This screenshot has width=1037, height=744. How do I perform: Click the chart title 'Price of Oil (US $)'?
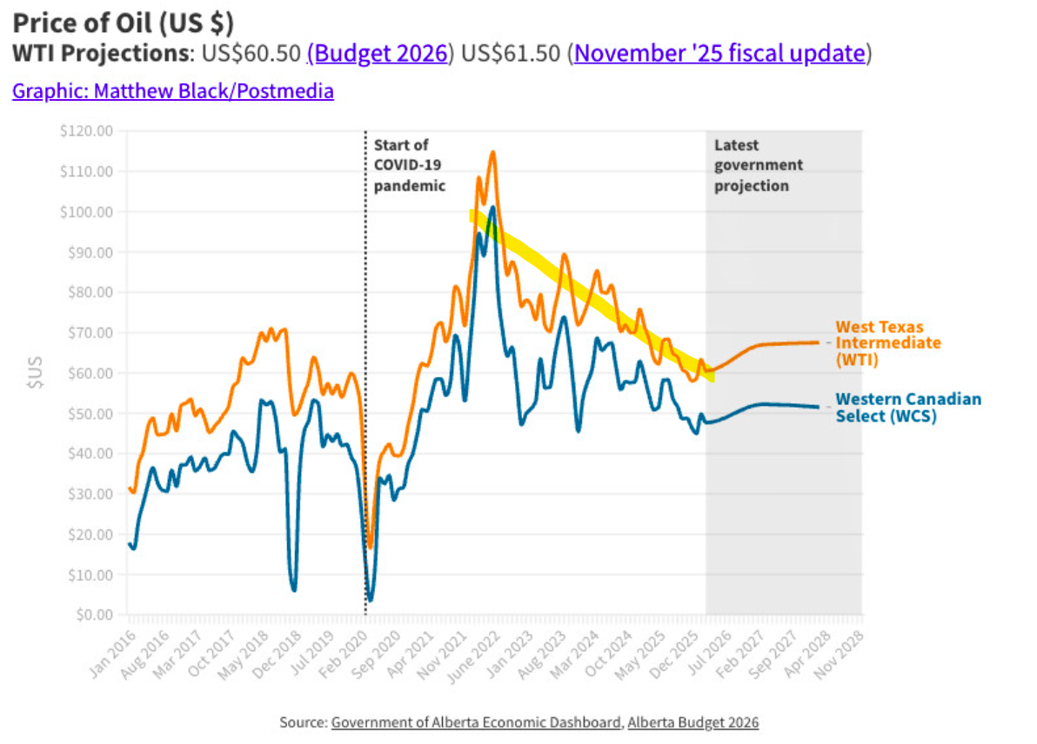(x=124, y=21)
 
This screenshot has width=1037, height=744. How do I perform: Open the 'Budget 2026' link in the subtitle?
(x=380, y=53)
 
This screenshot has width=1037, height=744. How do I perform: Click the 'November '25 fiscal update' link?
(x=719, y=53)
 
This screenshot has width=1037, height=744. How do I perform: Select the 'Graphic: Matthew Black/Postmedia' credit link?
(x=172, y=90)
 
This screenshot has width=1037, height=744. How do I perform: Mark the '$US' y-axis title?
(x=37, y=372)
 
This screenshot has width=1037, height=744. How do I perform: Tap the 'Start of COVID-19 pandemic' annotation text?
(x=409, y=165)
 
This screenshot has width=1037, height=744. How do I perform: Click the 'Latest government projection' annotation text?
(x=758, y=165)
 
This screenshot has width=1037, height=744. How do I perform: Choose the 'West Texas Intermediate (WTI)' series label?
(x=887, y=342)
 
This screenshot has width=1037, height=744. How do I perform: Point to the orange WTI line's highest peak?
(x=492, y=153)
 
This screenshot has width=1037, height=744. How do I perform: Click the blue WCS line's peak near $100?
(x=492, y=208)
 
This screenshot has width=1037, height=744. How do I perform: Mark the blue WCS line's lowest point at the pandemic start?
(x=370, y=600)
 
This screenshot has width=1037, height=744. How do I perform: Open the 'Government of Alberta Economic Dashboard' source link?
(x=477, y=722)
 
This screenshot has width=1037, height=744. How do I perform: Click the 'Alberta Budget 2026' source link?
(x=692, y=722)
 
